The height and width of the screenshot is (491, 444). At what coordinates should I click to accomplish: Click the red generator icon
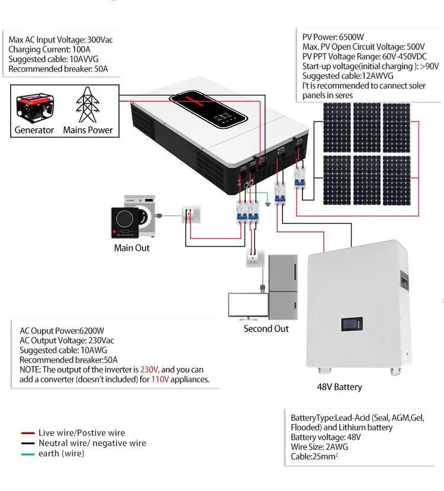tap(34, 107)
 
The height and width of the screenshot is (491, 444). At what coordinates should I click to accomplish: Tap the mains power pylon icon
tap(87, 105)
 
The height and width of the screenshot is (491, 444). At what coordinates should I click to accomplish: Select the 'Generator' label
tap(34, 130)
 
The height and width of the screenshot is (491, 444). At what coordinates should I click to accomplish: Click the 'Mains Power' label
tap(88, 130)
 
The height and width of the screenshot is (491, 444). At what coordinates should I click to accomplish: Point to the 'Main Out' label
tap(131, 248)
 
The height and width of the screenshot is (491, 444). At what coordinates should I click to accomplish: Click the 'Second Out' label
tap(266, 328)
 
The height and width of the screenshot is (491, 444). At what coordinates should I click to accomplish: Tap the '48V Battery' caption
tap(339, 387)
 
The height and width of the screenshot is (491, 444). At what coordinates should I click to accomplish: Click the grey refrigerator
tap(284, 287)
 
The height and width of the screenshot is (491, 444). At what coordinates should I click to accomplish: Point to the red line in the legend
tap(27, 433)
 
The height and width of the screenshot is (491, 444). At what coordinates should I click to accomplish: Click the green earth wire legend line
tap(27, 454)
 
